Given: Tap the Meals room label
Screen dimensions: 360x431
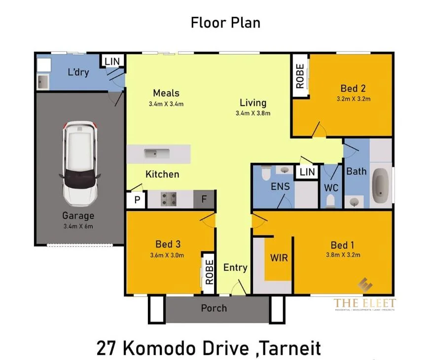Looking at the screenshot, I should [166, 93].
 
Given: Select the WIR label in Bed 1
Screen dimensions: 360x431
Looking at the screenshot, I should [279, 257].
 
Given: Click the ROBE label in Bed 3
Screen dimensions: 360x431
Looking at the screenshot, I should [209, 272].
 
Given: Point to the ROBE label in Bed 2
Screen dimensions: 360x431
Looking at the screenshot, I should [299, 76].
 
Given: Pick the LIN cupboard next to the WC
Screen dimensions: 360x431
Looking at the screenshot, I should [307, 172].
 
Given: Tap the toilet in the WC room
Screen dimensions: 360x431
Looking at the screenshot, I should [330, 200].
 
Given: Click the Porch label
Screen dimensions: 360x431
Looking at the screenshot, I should [214, 308].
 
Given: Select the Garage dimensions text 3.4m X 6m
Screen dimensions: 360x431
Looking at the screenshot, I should [78, 226].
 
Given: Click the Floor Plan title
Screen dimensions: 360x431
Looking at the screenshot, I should [225, 22].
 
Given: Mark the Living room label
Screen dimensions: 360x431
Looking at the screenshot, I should [253, 103].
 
